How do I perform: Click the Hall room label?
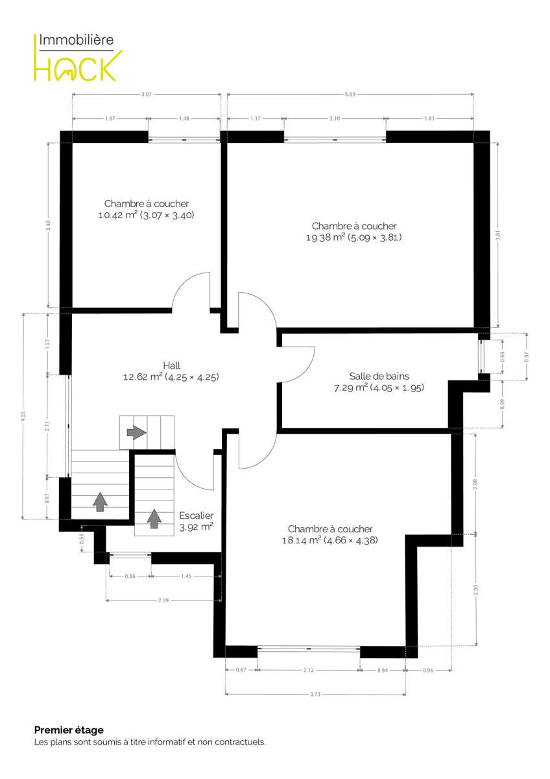pos(172,365)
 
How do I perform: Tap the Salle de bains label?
pos(379,376)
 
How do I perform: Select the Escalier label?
pos(197,515)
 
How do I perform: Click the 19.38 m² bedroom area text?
pos(353,238)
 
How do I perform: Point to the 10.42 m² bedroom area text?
pos(147,215)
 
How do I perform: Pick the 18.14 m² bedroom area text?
pos(329,540)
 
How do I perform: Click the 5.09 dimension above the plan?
pos(350,94)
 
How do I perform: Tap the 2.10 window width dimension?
pos(335,119)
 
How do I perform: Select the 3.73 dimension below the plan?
pos(315,694)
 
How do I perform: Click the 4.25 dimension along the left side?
pos(23,416)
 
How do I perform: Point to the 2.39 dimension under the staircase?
pos(163,600)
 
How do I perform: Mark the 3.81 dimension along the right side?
pos(498,236)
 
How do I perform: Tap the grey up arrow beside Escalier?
pos(154,519)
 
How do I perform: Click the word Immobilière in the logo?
pos(76,40)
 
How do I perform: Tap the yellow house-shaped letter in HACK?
pos(69,69)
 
